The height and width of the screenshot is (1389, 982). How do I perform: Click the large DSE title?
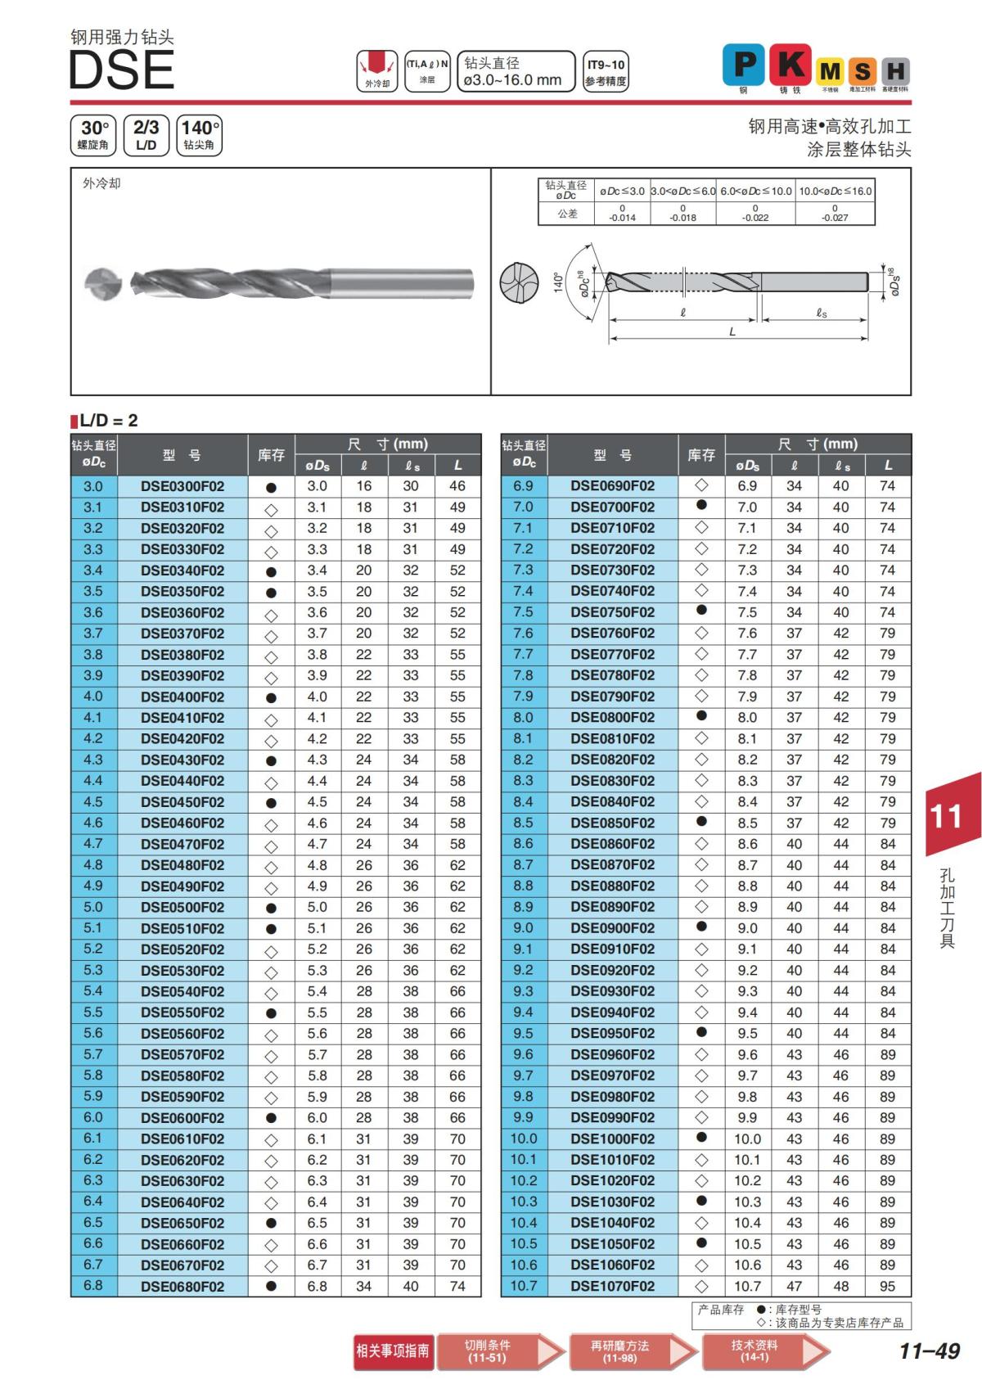(121, 70)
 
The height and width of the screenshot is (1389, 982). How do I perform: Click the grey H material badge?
(896, 71)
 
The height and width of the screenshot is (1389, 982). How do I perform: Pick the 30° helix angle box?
(93, 135)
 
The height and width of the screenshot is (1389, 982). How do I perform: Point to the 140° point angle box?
(199, 135)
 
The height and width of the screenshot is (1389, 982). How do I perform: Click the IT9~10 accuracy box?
(606, 72)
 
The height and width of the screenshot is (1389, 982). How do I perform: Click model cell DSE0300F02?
(182, 486)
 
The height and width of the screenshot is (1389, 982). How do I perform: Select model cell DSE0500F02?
(182, 907)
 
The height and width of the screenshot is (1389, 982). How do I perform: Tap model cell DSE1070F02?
(613, 1286)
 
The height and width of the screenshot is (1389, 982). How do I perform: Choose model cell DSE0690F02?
(613, 485)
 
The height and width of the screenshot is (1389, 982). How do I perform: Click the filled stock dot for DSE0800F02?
(701, 716)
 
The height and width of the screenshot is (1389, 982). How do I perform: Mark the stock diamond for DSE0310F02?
(272, 508)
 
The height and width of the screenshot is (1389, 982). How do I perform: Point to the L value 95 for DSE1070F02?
(888, 1286)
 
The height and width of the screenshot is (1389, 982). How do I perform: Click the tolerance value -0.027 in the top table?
(835, 218)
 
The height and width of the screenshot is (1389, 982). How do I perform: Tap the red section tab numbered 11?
(949, 815)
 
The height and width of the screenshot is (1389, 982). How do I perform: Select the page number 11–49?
(929, 1351)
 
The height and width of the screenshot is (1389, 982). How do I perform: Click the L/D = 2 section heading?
(108, 421)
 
